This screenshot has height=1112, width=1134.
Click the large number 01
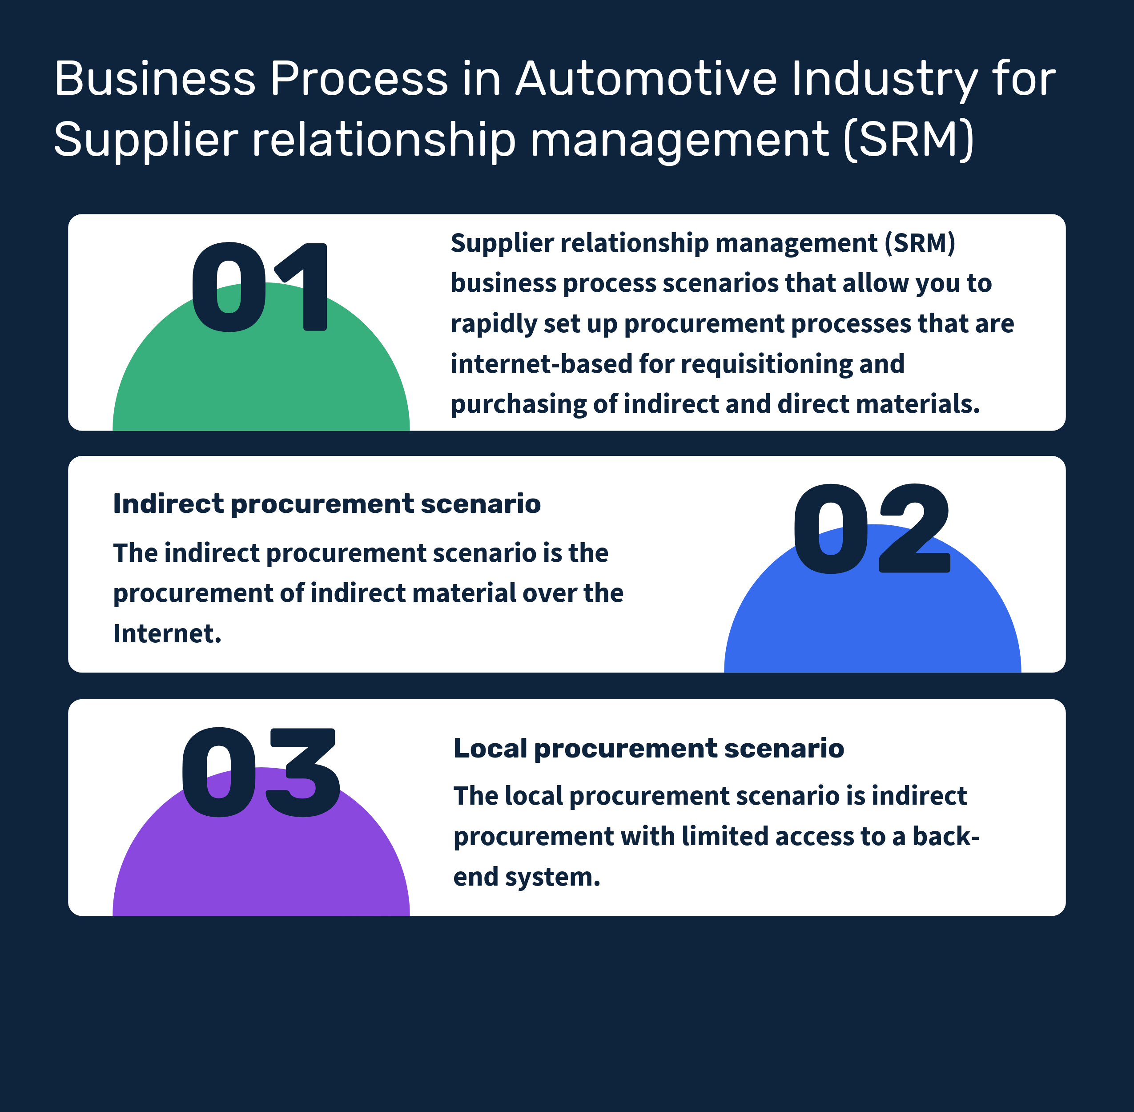pos(260,287)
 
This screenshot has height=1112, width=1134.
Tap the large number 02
pos(871,528)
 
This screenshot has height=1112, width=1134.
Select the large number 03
pos(261,772)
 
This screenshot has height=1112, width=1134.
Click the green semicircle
pos(261,379)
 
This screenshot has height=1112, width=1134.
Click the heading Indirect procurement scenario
pos(327,504)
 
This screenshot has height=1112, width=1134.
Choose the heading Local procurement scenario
pos(649,748)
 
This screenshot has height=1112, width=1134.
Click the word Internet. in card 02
pos(168,634)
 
